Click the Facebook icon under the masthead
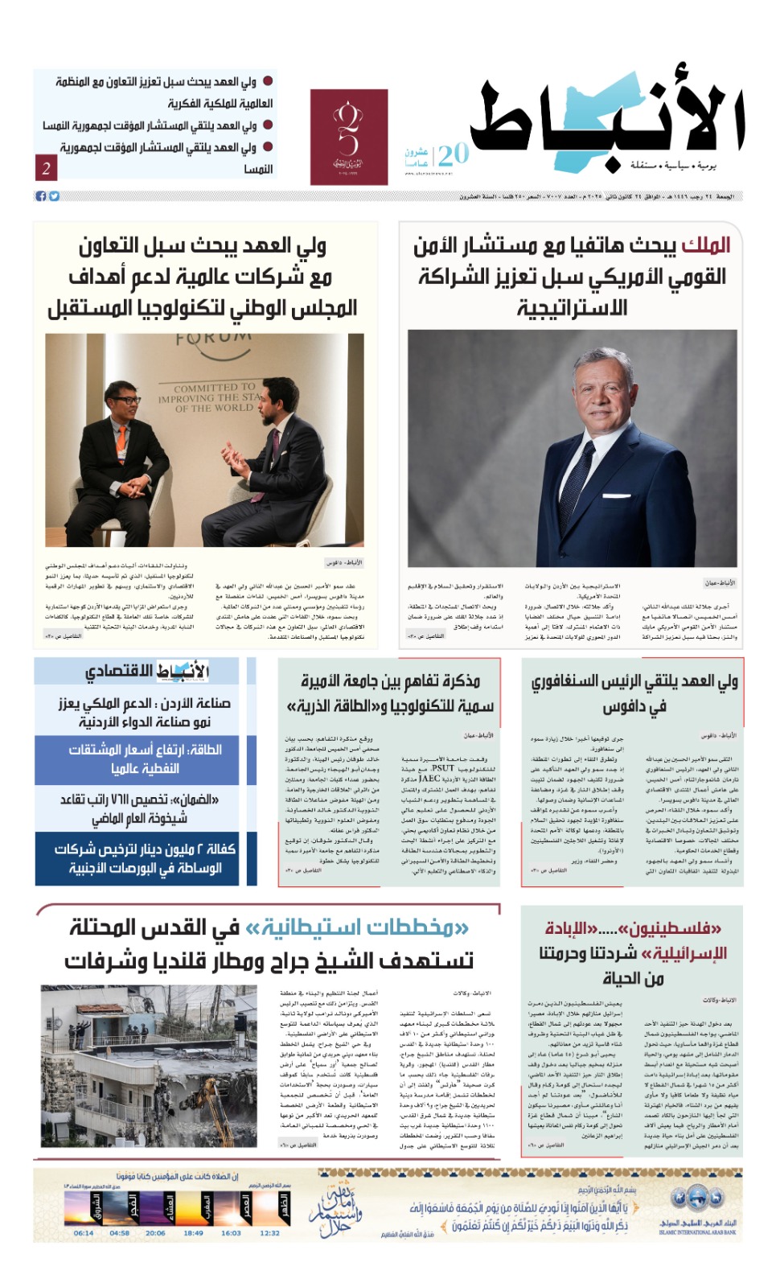pyautogui.click(x=40, y=196)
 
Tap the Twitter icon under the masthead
pyautogui.click(x=54, y=196)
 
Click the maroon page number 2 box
pyautogui.click(x=46, y=168)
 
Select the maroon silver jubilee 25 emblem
pyautogui.click(x=348, y=137)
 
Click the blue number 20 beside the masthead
pyautogui.click(x=453, y=153)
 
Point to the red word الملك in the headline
pyautogui.click(x=705, y=245)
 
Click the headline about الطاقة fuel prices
pyautogui.click(x=145, y=759)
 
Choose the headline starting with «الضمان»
pyautogui.click(x=138, y=808)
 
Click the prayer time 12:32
pyautogui.click(x=270, y=1232)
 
